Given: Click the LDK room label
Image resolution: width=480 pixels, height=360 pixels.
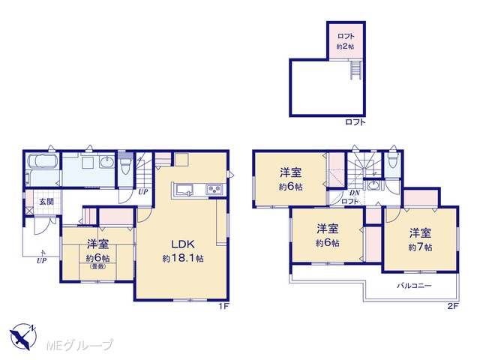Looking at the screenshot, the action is (x=183, y=244).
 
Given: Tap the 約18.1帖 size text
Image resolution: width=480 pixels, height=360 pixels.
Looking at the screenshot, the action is (x=183, y=258).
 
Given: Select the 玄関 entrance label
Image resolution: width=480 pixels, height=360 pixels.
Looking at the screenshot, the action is (x=46, y=202).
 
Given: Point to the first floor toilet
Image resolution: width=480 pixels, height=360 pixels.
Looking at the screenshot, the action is (x=125, y=164).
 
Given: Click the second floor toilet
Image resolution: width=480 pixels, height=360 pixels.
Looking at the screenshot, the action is (x=392, y=158).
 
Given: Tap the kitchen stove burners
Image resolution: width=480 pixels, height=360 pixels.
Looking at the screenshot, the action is (x=216, y=190).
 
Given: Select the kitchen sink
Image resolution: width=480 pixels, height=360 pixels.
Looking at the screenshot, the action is (x=183, y=190).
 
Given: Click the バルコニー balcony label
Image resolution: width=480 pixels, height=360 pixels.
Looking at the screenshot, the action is (x=414, y=286).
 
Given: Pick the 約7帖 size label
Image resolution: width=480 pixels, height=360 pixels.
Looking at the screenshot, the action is (x=420, y=247).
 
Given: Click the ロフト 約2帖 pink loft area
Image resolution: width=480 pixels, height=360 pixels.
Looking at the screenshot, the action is (x=346, y=41).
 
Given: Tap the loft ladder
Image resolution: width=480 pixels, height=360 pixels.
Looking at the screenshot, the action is (x=356, y=70).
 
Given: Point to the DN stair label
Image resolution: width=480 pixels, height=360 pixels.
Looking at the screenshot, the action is (x=355, y=193).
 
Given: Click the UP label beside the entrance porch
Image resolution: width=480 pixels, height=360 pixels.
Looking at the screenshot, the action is (x=42, y=260).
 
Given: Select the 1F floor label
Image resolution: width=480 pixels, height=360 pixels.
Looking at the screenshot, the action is (x=223, y=307).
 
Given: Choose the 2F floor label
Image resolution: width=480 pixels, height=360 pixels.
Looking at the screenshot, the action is (x=453, y=307).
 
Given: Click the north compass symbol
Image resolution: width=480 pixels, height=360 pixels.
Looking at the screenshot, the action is (x=22, y=336).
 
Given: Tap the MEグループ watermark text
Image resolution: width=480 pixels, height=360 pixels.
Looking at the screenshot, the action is (x=79, y=345).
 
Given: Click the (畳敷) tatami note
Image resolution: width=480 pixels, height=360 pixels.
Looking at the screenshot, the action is (x=98, y=266).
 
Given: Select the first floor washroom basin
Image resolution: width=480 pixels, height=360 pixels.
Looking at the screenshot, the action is (x=106, y=162).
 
